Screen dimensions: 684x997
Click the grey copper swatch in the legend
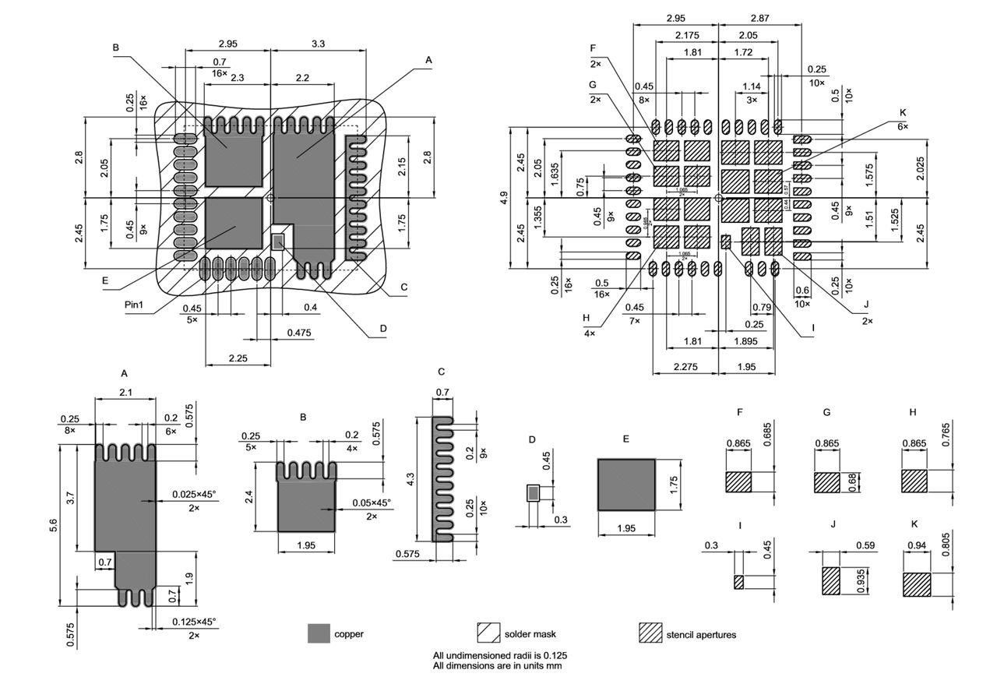tap(319, 633)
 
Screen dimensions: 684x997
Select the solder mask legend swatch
tap(488, 633)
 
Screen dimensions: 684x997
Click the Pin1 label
tap(133, 304)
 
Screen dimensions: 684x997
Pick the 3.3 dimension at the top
tap(318, 45)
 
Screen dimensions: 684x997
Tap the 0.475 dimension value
tap(298, 333)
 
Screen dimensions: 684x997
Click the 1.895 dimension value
tap(746, 341)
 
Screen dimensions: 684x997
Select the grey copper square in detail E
tap(626, 484)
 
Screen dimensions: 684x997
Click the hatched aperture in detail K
tap(917, 584)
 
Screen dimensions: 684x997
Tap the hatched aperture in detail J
tap(831, 581)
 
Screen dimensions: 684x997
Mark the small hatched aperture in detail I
tap(739, 581)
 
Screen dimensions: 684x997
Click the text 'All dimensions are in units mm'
tap(497, 666)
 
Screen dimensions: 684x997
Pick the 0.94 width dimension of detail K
tap(917, 546)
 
